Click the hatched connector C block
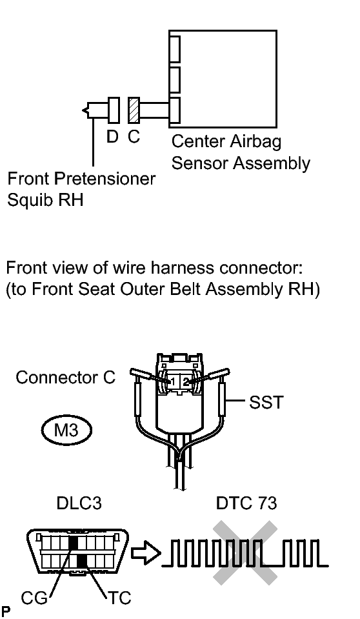pyautogui.click(x=134, y=110)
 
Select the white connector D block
pyautogui.click(x=114, y=110)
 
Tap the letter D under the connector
pyautogui.click(x=112, y=137)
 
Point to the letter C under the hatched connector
pyautogui.click(x=134, y=137)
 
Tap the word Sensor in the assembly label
pyautogui.click(x=200, y=163)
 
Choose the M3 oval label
pyautogui.click(x=66, y=430)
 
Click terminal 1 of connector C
pyautogui.click(x=172, y=381)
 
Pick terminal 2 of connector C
pyautogui.click(x=186, y=381)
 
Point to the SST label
pyautogui.click(x=266, y=403)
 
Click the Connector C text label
pyautogui.click(x=66, y=378)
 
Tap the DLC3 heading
pyautogui.click(x=79, y=503)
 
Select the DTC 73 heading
pyautogui.click(x=246, y=503)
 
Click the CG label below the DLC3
pyautogui.click(x=34, y=598)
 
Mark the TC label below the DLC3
pyautogui.click(x=119, y=598)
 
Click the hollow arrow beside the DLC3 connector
pyautogui.click(x=146, y=553)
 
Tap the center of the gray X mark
pyautogui.click(x=245, y=553)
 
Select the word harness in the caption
pyautogui.click(x=184, y=268)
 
